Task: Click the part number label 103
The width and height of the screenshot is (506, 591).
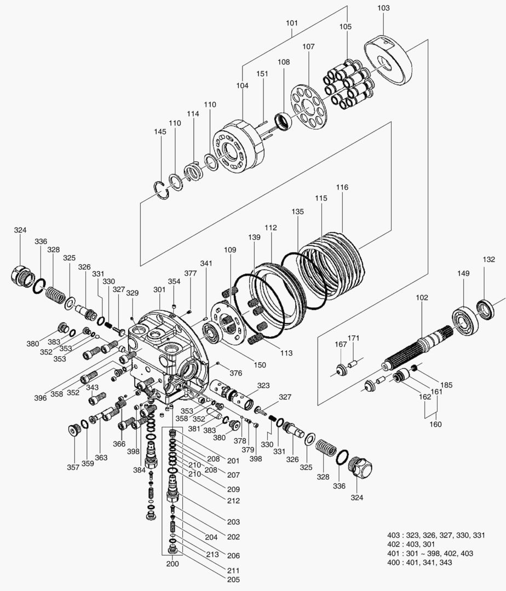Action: pyautogui.click(x=384, y=8)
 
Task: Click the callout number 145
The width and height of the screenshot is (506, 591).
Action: pyautogui.click(x=160, y=132)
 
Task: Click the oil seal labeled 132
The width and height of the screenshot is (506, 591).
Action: pyautogui.click(x=484, y=309)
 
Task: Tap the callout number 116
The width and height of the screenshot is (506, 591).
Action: pyautogui.click(x=342, y=187)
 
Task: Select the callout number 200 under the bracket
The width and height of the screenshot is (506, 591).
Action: pyautogui.click(x=173, y=563)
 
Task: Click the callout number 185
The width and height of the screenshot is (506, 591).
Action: pyautogui.click(x=446, y=385)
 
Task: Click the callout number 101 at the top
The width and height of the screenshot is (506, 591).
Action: pyautogui.click(x=292, y=24)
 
